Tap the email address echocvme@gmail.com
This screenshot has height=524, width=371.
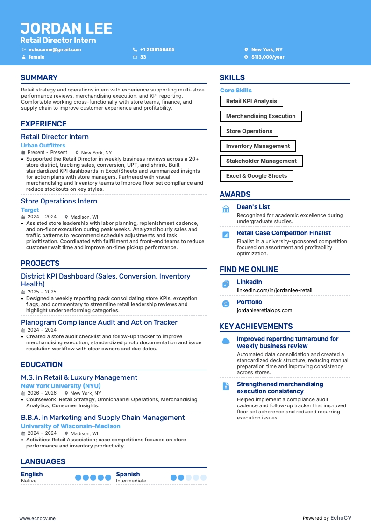click(55, 49)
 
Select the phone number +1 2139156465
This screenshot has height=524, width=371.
click(157, 49)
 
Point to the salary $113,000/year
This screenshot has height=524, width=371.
click(267, 57)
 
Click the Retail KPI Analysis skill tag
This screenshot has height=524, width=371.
click(251, 101)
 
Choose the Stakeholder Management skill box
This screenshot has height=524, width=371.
click(261, 161)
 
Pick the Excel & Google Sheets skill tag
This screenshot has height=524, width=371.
click(256, 176)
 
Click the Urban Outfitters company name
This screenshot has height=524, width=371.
click(43, 146)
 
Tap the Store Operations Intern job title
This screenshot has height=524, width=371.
click(59, 201)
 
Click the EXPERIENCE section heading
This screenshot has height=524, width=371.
click(43, 124)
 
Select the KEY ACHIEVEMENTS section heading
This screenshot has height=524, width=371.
click(256, 327)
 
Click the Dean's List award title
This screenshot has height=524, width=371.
click(253, 207)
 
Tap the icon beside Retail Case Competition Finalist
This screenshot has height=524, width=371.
click(226, 235)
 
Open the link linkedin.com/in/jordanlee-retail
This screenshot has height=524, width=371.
click(274, 290)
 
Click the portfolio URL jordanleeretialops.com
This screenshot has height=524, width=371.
click(264, 310)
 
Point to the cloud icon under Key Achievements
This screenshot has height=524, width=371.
click(226, 341)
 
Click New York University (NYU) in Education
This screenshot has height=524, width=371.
click(61, 386)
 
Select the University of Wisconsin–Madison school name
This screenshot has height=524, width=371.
click(71, 426)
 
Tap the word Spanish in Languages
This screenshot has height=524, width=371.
click(128, 474)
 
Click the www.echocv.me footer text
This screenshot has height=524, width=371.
click(37, 518)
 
